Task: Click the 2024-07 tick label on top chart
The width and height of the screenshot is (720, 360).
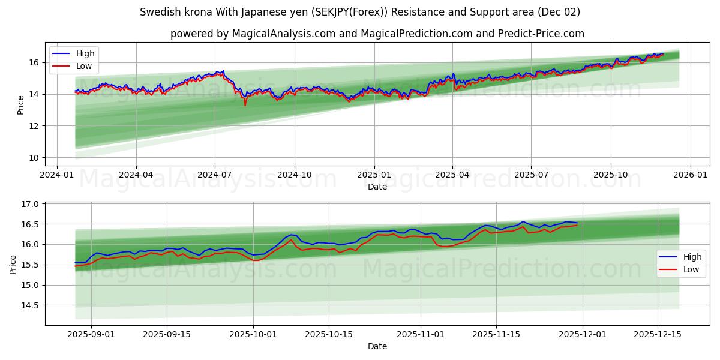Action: (x=215, y=174)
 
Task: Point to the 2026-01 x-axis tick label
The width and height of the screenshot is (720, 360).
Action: (x=690, y=174)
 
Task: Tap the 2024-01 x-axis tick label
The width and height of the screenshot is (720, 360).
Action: (x=57, y=174)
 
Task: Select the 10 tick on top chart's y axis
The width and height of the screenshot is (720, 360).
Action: (x=34, y=158)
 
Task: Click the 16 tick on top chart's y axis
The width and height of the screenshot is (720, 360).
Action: (x=34, y=62)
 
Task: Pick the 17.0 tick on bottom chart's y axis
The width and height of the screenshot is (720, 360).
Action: (x=31, y=204)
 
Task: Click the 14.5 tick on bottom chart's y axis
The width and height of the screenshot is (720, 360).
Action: (x=31, y=305)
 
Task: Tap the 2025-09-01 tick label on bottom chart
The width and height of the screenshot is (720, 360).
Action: (x=91, y=334)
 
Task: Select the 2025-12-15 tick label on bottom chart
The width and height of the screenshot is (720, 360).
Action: (x=658, y=334)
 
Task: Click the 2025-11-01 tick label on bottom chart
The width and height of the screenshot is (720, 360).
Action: (x=420, y=334)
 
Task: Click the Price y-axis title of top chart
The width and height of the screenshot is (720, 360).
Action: (x=21, y=105)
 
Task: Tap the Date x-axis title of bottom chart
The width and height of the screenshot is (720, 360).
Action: (x=377, y=346)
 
